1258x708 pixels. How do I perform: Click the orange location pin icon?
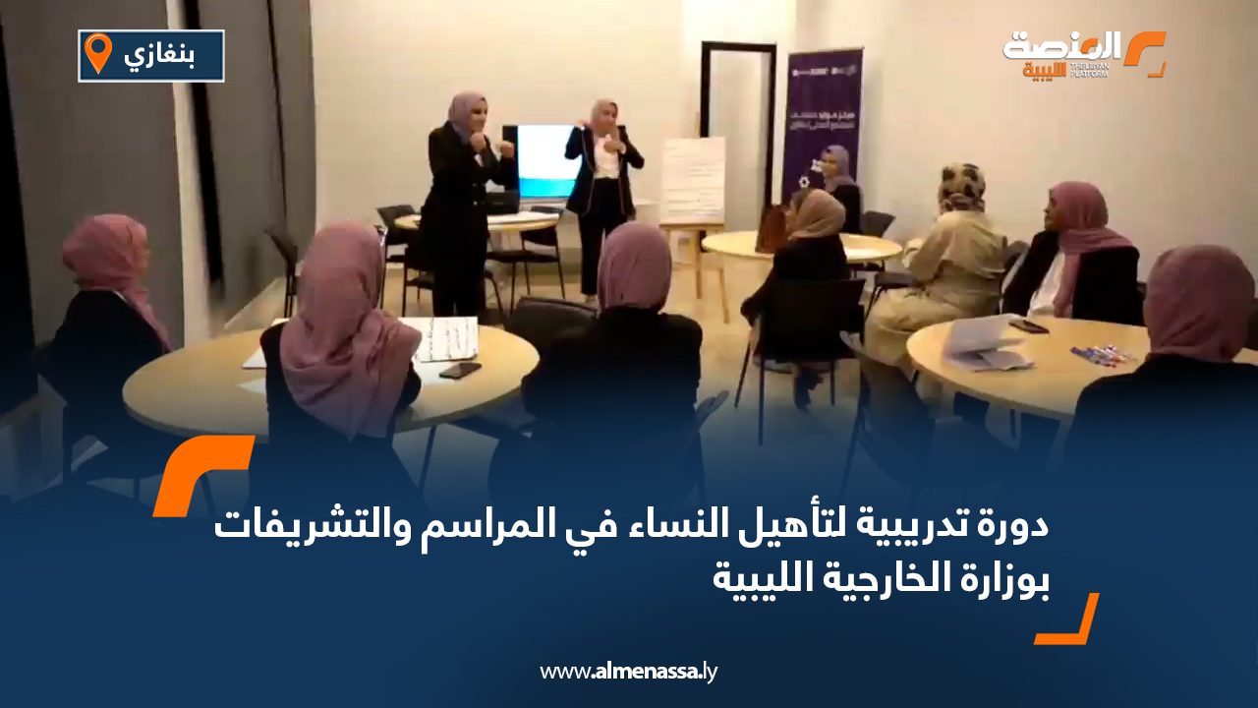98,53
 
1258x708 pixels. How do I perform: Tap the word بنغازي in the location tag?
159,56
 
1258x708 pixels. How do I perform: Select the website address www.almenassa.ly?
629,673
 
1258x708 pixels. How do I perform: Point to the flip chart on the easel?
693,180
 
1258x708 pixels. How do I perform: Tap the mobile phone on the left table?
460,370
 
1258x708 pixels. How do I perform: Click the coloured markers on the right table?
1097,353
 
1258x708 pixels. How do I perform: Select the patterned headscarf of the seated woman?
961,187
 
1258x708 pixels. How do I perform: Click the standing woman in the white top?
602,192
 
